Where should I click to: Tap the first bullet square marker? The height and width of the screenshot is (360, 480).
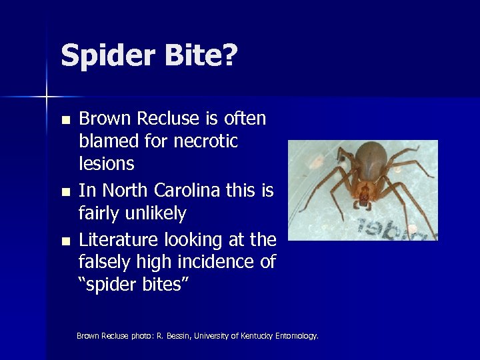click(65, 121)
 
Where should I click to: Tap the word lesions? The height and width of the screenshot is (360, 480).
click(107, 164)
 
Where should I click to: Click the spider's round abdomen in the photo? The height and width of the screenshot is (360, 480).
click(371, 159)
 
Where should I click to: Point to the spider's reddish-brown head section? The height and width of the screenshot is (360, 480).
click(365, 193)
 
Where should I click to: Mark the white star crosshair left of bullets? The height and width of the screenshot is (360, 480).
click(47, 97)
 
